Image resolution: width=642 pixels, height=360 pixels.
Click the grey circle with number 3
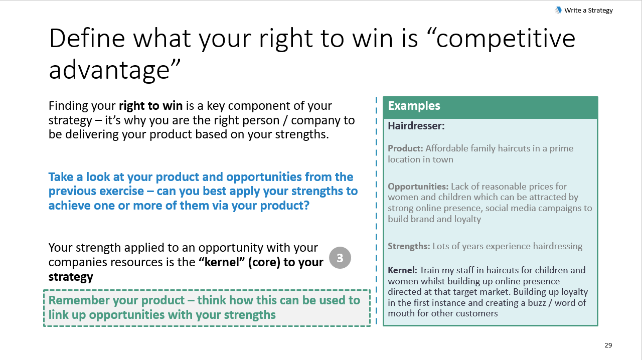click(x=340, y=258)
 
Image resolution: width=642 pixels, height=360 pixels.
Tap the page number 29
click(x=608, y=345)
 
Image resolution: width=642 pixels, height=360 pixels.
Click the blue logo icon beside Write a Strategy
click(x=558, y=11)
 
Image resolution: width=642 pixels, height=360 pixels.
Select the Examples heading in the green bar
click(x=414, y=106)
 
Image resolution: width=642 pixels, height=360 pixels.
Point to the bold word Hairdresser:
click(x=416, y=126)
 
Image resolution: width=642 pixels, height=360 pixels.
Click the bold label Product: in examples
click(x=405, y=148)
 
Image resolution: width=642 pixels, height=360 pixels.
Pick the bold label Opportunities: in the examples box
click(x=418, y=187)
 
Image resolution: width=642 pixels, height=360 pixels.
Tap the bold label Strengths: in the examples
click(x=409, y=246)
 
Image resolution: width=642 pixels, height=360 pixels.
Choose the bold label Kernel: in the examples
click(x=402, y=270)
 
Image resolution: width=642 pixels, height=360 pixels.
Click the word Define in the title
click(x=87, y=39)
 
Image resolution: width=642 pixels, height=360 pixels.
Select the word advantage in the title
click(x=109, y=71)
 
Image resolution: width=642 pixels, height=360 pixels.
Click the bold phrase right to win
click(x=151, y=106)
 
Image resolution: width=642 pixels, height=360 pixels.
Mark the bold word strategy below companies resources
click(x=71, y=277)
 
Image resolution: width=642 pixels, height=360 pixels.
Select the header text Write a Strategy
click(x=588, y=11)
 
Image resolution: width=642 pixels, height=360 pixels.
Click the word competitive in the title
click(x=506, y=39)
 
